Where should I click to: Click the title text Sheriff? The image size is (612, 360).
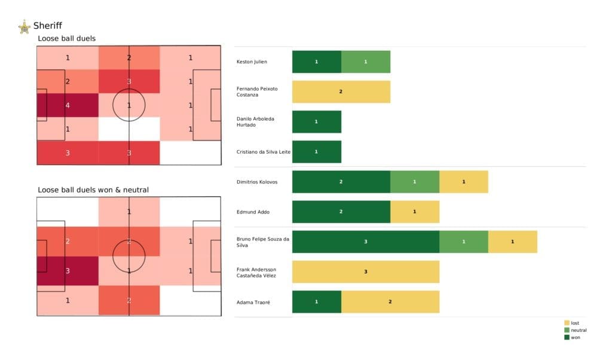pos(47,26)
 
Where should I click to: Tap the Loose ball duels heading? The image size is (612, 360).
pos(66,39)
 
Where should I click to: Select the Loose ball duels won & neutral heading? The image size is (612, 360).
pos(93,190)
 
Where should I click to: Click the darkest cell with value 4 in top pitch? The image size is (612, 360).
pos(67,105)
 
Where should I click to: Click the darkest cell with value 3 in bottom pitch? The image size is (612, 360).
pos(67,271)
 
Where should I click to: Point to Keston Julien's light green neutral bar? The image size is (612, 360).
pos(365,62)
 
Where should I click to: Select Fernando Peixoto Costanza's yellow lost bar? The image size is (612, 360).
pos(341,91)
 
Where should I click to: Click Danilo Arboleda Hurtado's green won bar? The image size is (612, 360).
pos(316,121)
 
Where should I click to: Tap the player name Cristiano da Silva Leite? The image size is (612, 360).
pos(264,152)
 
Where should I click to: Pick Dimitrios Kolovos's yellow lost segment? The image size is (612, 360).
pos(463,182)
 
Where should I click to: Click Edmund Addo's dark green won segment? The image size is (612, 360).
pos(341,212)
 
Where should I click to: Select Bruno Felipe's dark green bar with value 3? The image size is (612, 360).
pos(365,242)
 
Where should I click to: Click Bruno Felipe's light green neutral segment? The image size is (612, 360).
pos(463,242)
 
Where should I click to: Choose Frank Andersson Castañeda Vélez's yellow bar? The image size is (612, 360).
pos(365,271)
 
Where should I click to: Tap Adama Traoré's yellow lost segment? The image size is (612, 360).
pos(390,302)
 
